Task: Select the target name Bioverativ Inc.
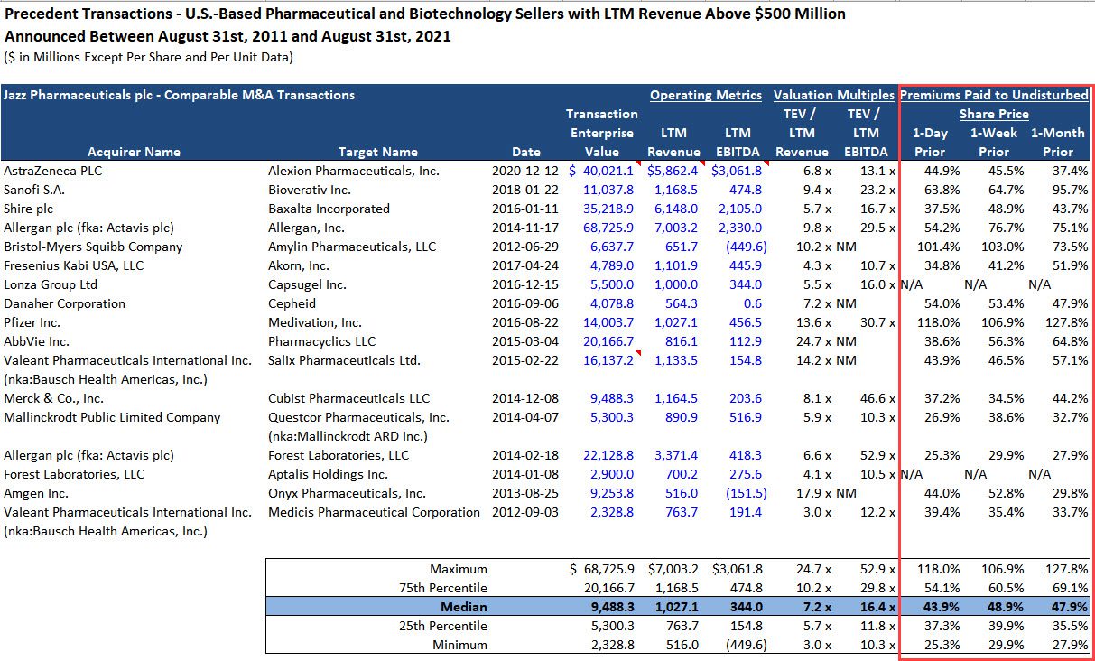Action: [309, 190]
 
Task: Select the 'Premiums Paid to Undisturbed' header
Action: [994, 95]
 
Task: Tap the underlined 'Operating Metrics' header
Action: [706, 95]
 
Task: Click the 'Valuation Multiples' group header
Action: [834, 95]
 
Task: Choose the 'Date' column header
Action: [526, 152]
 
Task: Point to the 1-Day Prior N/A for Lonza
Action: [911, 284]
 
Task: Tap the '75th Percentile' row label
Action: [447, 588]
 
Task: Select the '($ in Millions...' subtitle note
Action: [148, 58]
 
